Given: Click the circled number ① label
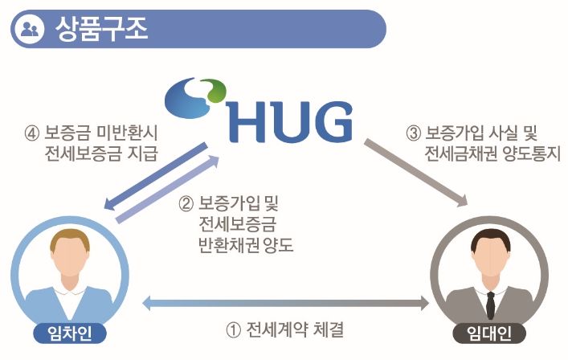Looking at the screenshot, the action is click(233, 330).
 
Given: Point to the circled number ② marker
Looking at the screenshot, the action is click(186, 202).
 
